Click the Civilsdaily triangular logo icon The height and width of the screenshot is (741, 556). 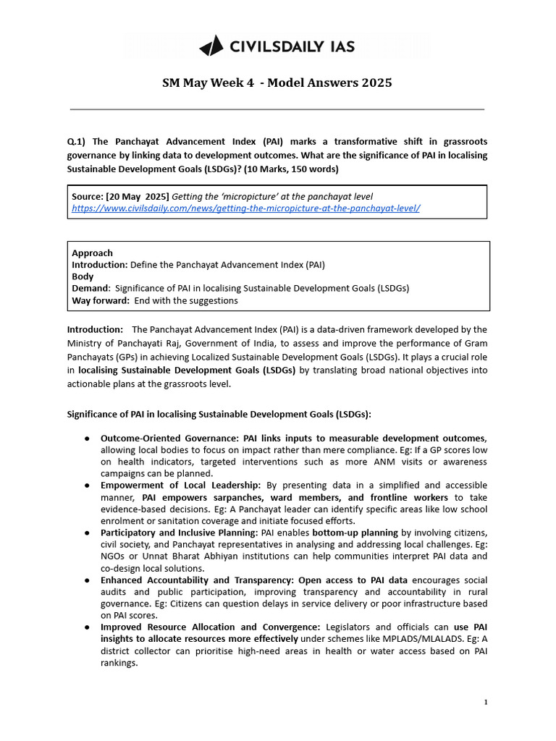click(x=211, y=47)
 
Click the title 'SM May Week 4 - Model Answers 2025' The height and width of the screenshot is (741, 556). click(x=277, y=82)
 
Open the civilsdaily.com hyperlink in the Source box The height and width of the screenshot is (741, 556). click(x=245, y=208)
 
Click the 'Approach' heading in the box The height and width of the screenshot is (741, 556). click(x=92, y=253)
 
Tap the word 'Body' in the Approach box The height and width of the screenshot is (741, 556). click(x=83, y=276)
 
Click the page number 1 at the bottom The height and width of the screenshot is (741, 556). click(x=486, y=703)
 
